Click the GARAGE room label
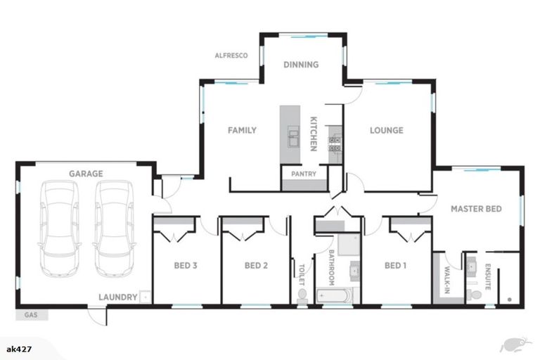(86, 174)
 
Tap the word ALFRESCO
(231, 56)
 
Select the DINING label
(301, 65)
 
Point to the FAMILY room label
(242, 130)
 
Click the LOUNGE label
(387, 130)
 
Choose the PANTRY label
(304, 174)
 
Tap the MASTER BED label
(476, 209)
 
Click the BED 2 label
(256, 266)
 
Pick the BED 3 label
(186, 266)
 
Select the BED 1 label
(395, 266)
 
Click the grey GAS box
(32, 315)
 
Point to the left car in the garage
(60, 229)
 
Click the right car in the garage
(114, 229)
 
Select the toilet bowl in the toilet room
(302, 296)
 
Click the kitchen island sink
(293, 136)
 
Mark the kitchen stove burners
(335, 144)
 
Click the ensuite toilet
(474, 295)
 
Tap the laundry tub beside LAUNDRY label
(146, 297)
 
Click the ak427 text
(19, 349)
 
